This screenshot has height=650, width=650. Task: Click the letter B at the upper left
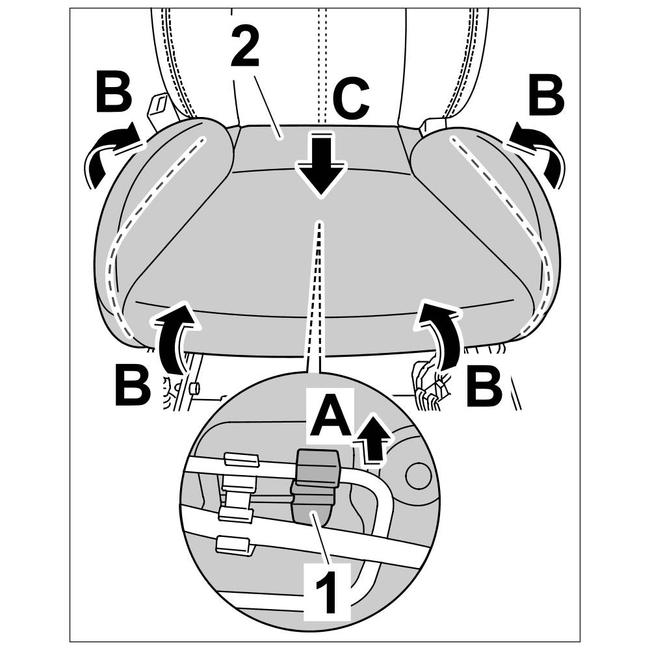tap(114, 94)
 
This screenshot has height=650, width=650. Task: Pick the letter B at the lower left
tap(133, 387)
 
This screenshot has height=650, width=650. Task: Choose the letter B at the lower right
tap(485, 387)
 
